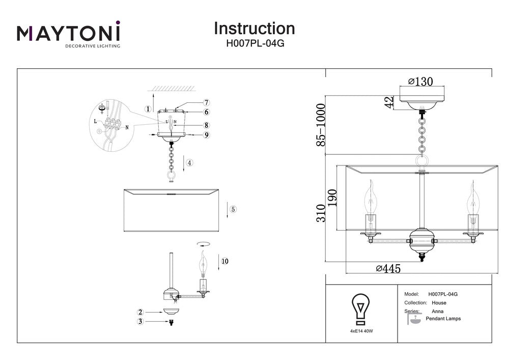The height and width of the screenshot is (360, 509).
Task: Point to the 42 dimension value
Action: (389, 102)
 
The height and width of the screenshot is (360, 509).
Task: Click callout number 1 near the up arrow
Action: (148, 109)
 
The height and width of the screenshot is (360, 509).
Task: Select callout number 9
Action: (207, 135)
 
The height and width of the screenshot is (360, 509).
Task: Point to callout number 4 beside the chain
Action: (189, 163)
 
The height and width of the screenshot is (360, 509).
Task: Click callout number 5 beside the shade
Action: (233, 209)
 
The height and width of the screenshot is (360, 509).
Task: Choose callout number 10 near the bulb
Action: (224, 261)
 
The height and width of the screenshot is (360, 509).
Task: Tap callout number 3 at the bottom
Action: (139, 321)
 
